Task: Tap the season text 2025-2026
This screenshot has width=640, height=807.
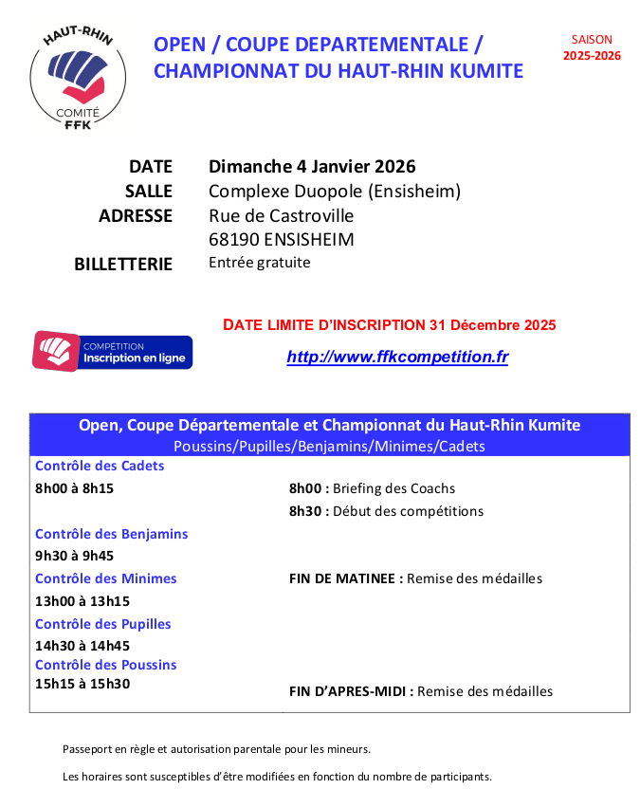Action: pos(592,56)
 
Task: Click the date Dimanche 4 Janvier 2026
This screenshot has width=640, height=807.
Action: pos(312,167)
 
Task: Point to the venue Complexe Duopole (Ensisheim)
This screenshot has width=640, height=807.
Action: pos(334,192)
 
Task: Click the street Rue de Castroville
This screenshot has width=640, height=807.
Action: pos(281,216)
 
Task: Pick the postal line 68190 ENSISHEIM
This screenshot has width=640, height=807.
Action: pos(281,240)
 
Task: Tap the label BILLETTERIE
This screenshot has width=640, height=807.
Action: pos(123,265)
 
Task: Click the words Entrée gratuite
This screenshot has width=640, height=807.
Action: pos(259,263)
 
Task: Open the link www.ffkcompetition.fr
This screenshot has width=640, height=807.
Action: pos(397,358)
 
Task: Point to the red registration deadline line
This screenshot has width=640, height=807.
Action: pos(389,325)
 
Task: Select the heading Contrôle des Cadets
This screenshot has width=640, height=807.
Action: pos(100,466)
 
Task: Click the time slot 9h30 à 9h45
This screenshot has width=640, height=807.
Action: pos(74,556)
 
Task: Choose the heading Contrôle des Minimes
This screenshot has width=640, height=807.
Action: pos(105,578)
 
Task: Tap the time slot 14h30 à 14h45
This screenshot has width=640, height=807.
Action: pos(82,646)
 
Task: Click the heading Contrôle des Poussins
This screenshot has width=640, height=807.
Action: pos(105,665)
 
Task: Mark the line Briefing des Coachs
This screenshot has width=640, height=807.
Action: pos(372,488)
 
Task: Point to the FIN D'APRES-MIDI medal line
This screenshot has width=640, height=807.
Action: pos(420,691)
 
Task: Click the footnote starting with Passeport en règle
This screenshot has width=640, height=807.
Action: pos(216,749)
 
